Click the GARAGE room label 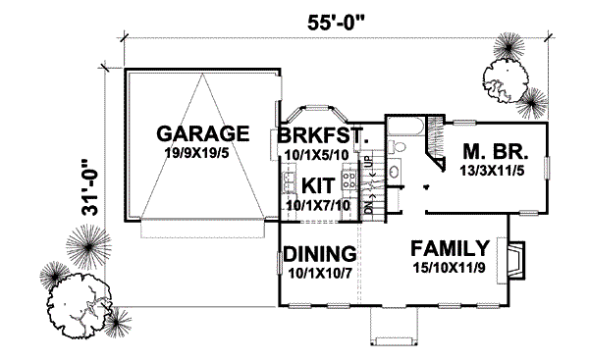(x=200, y=133)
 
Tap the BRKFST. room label (x=323, y=135)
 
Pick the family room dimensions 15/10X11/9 (x=450, y=266)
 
